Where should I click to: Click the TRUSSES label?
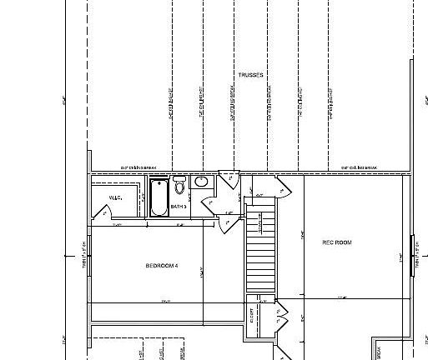point(250,75)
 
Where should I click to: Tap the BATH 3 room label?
point(179,206)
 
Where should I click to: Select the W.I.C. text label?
point(116,197)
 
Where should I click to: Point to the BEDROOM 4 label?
point(163,266)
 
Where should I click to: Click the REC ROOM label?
point(337,242)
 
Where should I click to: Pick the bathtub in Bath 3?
point(159,197)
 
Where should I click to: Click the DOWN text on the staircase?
point(259,222)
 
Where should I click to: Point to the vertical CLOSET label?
point(252,317)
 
